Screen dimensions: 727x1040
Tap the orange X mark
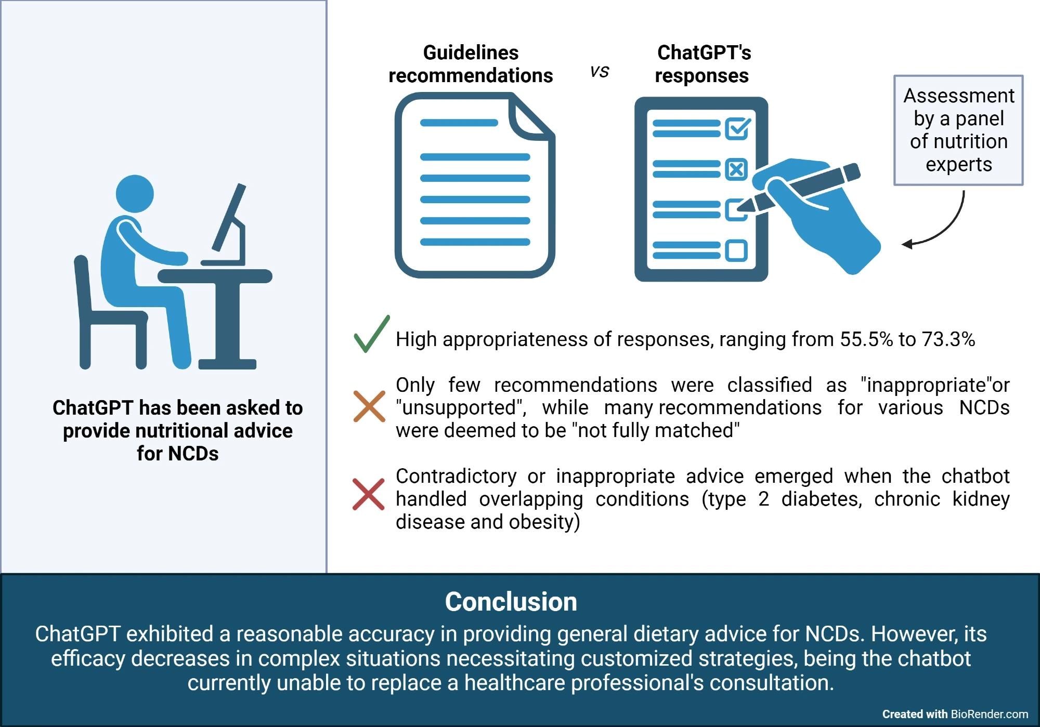[369, 406]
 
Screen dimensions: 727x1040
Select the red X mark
[368, 494]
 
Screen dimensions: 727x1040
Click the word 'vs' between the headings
[600, 71]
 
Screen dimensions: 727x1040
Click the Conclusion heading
[511, 602]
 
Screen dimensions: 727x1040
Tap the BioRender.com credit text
[989, 714]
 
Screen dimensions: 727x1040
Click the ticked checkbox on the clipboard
[737, 128]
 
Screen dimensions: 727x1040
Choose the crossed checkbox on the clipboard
[736, 169]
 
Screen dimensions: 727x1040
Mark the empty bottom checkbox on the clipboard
[736, 250]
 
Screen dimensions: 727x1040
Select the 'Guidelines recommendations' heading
[471, 64]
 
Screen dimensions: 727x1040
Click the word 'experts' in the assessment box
[958, 164]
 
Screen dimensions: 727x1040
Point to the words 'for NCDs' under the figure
[177, 454]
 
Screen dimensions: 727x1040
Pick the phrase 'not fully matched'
[658, 430]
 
